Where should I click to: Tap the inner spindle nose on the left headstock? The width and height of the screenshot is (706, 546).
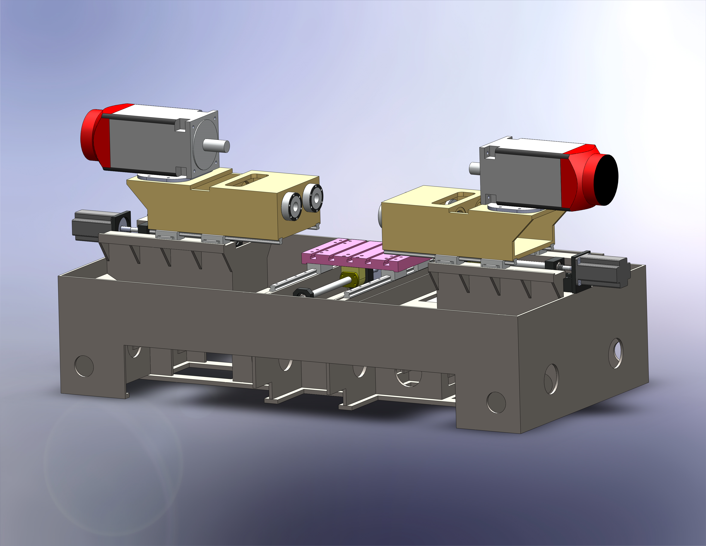[292, 206]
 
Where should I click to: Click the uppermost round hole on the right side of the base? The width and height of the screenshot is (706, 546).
[616, 353]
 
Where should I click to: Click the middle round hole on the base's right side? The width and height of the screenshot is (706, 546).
[551, 379]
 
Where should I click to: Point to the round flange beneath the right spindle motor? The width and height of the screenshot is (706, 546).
[514, 208]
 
